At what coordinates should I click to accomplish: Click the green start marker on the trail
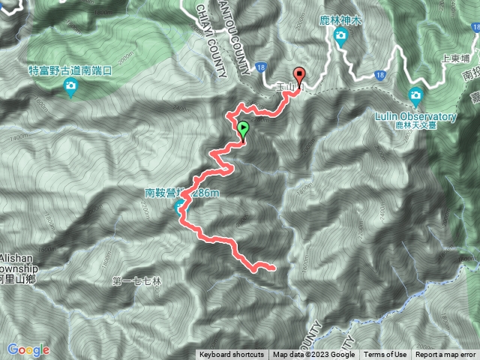tap(243, 130)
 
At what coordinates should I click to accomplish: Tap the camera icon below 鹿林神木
tap(341, 36)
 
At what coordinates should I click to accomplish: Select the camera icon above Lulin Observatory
tap(415, 94)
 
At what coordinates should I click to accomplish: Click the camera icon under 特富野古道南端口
tap(70, 86)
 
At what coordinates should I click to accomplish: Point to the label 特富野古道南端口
tap(70, 70)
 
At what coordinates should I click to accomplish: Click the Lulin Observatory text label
tap(424, 116)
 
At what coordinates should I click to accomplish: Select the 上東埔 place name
tap(456, 56)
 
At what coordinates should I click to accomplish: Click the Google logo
tap(28, 349)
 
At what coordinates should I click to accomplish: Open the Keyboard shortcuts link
tap(231, 355)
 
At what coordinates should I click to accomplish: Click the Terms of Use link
tap(385, 355)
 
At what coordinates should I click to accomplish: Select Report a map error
tap(446, 355)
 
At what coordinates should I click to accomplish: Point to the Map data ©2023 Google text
tap(313, 355)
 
